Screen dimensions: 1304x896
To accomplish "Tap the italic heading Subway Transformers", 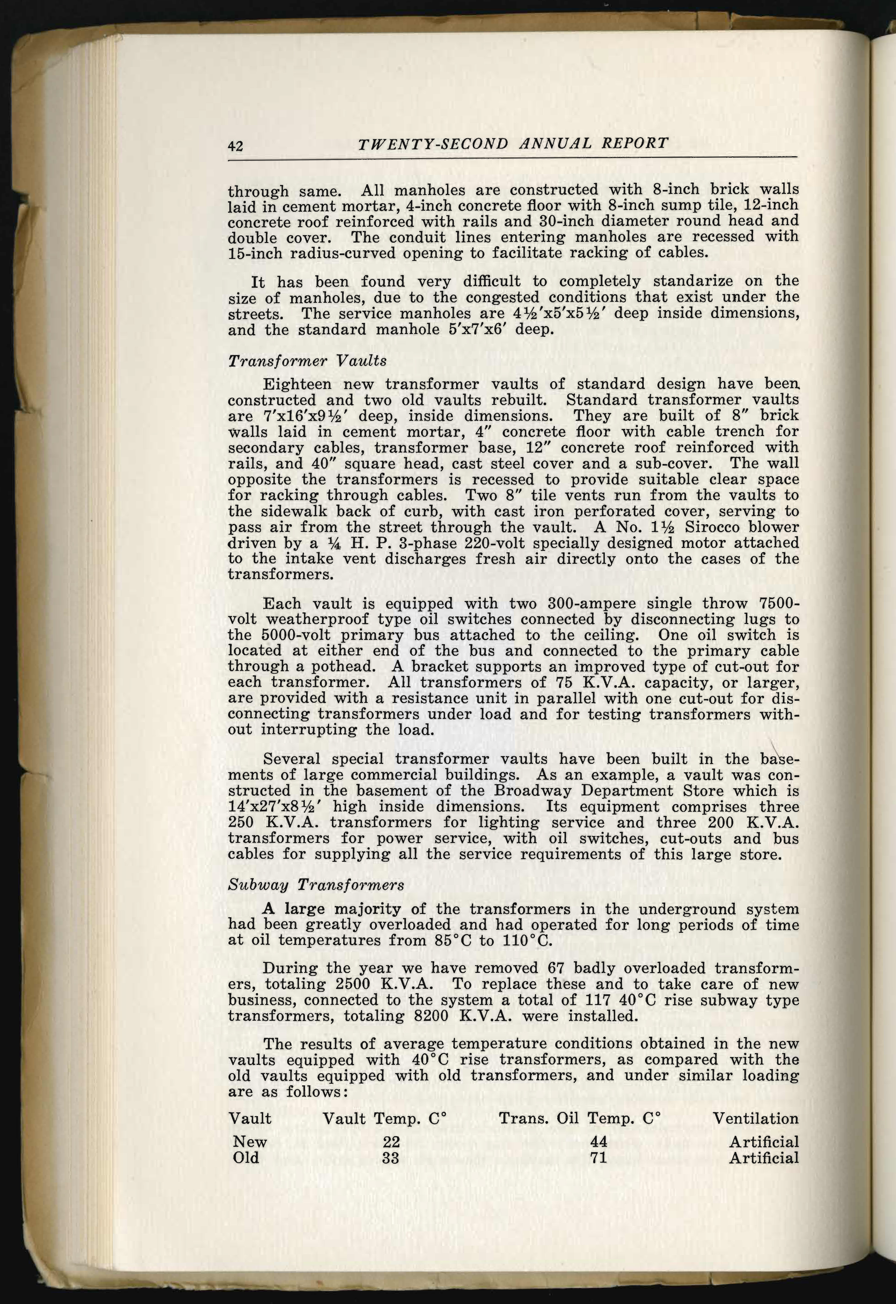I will pyautogui.click(x=316, y=885).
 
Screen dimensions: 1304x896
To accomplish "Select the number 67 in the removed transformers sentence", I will pyautogui.click(x=550, y=968).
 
